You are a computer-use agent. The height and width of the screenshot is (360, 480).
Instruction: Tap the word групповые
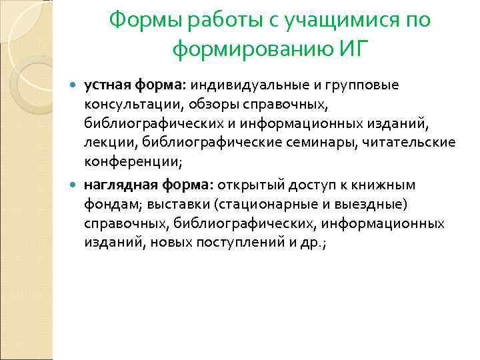[x=366, y=86]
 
